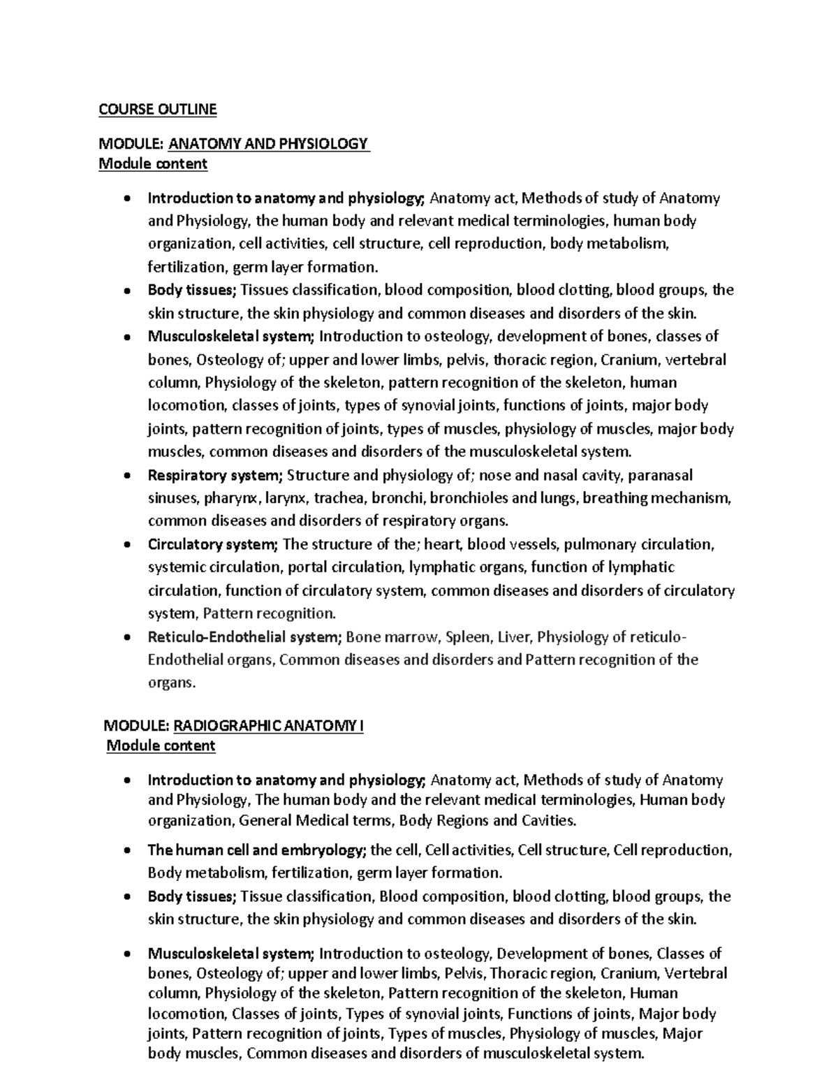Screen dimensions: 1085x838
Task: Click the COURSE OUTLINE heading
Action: click(x=157, y=109)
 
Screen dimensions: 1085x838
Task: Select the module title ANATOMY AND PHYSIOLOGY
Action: click(x=269, y=144)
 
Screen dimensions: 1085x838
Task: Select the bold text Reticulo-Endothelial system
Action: click(x=244, y=636)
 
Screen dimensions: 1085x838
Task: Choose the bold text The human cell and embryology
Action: click(x=257, y=850)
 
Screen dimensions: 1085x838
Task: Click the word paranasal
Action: click(x=660, y=476)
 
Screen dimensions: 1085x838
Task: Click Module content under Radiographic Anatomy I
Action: click(x=161, y=745)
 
